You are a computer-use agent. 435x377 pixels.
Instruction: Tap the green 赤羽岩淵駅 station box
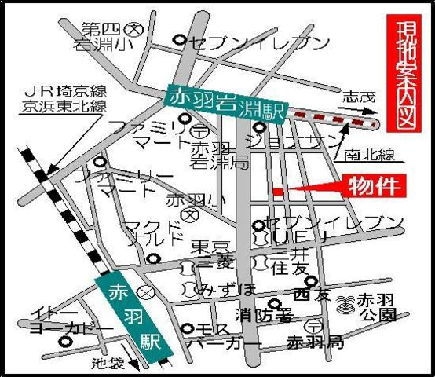(x=227, y=101)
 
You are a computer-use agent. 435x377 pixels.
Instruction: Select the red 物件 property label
(x=376, y=186)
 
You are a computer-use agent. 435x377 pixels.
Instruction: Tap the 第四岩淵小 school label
(x=105, y=38)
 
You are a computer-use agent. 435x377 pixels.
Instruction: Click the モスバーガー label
(x=228, y=336)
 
